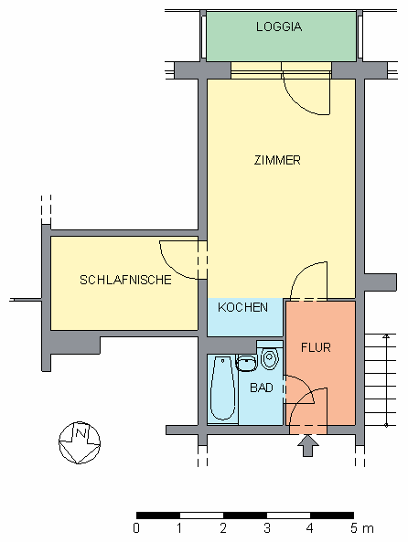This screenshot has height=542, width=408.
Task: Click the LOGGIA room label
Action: click(280, 27)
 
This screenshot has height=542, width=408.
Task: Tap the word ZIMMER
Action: click(277, 161)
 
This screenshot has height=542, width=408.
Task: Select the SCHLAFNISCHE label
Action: click(125, 280)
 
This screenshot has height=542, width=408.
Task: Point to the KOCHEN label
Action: click(242, 307)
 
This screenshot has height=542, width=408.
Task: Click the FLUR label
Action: click(316, 347)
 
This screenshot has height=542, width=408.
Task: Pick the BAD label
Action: click(262, 388)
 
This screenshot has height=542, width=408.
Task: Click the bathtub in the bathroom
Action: click(222, 388)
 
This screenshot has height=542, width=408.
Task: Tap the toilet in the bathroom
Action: click(269, 357)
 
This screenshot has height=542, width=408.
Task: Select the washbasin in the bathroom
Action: click(246, 363)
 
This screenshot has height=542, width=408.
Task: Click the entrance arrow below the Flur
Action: click(308, 444)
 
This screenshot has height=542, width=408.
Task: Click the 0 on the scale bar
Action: click(136, 528)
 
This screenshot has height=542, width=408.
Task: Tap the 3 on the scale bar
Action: click(266, 528)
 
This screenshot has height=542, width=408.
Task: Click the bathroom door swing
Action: click(305, 399)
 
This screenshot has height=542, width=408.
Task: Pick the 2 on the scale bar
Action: click(223, 528)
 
